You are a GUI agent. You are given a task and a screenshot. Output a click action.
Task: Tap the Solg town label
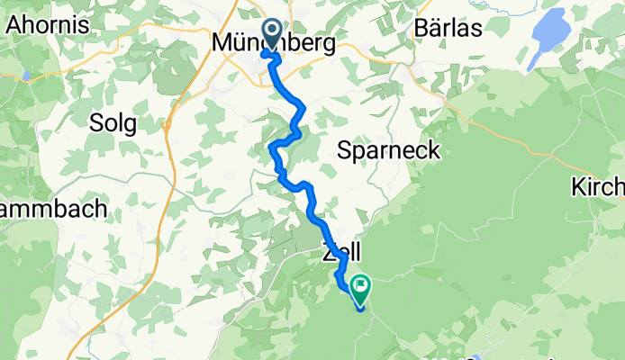click(113, 123)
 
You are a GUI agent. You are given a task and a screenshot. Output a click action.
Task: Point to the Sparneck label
click(389, 150)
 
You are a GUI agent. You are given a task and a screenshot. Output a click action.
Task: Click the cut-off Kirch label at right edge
click(599, 187)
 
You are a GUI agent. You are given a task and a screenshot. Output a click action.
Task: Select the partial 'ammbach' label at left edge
click(53, 208)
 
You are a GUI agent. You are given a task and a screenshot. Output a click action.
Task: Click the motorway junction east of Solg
click(168, 124)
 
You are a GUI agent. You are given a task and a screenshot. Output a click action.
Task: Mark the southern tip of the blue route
click(360, 309)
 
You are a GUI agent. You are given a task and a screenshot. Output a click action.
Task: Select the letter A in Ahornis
click(14, 24)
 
